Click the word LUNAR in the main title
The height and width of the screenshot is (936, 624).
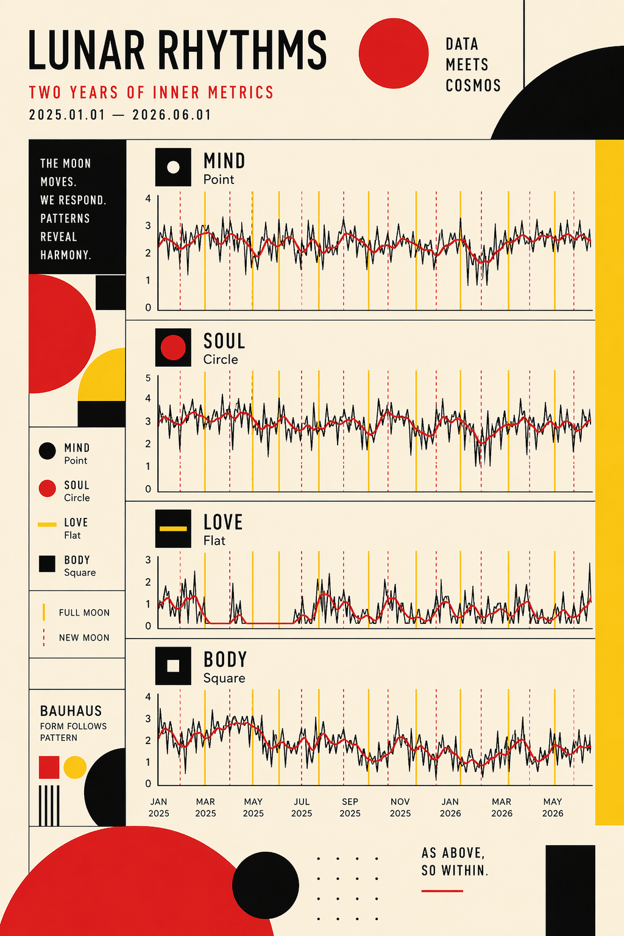click(87, 50)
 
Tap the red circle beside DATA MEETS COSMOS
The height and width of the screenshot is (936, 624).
click(393, 53)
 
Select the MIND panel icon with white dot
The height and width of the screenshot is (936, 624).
click(173, 167)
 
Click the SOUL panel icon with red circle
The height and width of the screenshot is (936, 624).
click(173, 347)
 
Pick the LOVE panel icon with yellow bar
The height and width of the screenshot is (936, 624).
click(173, 528)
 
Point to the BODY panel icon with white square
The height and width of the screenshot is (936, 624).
click(173, 665)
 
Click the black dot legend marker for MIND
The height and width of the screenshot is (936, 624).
click(48, 452)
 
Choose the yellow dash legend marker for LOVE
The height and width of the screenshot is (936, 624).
click(48, 525)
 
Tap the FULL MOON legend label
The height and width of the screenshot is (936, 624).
click(84, 612)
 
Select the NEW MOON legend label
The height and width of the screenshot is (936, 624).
click(84, 637)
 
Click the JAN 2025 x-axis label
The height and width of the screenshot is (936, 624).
click(159, 807)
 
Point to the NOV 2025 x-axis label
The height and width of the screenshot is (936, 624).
click(400, 807)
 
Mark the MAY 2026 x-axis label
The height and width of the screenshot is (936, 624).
click(553, 807)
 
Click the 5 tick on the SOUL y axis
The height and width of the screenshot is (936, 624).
click(148, 378)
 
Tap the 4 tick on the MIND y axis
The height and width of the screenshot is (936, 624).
click(148, 199)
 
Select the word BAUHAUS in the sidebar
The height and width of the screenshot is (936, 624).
click(71, 711)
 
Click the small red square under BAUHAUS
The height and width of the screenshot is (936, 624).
click(49, 767)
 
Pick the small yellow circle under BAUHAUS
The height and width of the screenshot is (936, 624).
click(75, 767)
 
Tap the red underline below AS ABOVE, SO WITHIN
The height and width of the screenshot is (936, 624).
click(442, 891)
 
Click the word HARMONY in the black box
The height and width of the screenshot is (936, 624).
click(66, 255)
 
